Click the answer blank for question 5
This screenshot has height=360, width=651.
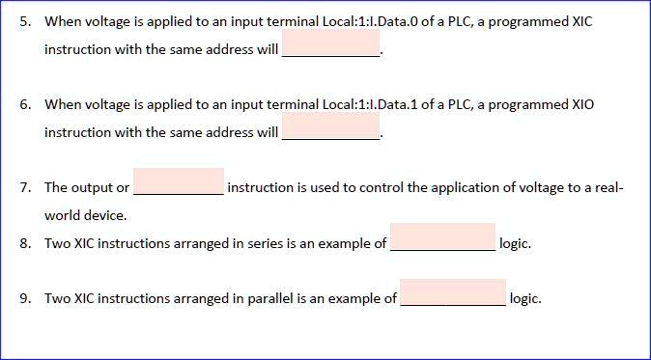click(x=331, y=43)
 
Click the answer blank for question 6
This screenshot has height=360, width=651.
click(x=331, y=126)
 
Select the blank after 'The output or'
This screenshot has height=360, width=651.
click(x=179, y=181)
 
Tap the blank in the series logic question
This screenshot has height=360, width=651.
click(x=442, y=237)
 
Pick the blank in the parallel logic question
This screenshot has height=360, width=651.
click(x=453, y=292)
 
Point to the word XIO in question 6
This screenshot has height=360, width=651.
click(x=582, y=104)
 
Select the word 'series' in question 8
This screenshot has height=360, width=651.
click(x=261, y=243)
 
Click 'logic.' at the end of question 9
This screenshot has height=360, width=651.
click(x=525, y=298)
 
